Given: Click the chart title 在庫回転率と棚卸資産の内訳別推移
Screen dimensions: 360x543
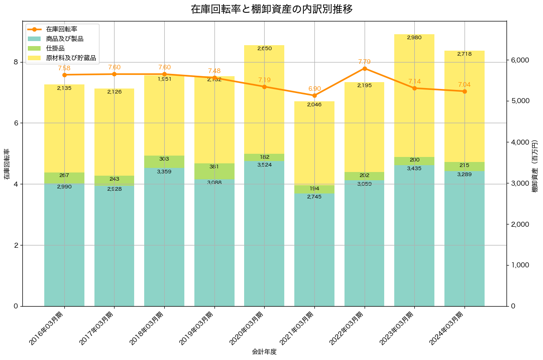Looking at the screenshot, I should click(271, 9).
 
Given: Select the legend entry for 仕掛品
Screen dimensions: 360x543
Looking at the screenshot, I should click(55, 48).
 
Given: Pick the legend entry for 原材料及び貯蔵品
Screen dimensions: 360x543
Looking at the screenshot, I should click(71, 58).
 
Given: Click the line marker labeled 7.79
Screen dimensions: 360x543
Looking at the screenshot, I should click(365, 68).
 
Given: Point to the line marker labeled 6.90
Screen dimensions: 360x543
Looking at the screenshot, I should click(314, 95).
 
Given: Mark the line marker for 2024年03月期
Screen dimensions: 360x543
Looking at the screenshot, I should click(465, 91).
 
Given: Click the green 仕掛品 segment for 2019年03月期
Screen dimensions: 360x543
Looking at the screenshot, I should click(214, 172).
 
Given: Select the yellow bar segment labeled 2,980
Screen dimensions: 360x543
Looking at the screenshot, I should click(414, 96).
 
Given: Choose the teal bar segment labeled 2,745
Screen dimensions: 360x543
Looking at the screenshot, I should click(314, 250).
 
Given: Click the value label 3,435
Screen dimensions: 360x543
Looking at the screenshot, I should click(414, 168).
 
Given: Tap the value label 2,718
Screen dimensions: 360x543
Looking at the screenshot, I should click(465, 54).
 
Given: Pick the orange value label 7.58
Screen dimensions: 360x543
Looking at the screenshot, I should click(64, 68).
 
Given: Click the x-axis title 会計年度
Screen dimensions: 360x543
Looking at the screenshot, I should click(264, 352).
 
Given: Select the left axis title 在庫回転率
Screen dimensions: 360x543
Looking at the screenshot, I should click(7, 164).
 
